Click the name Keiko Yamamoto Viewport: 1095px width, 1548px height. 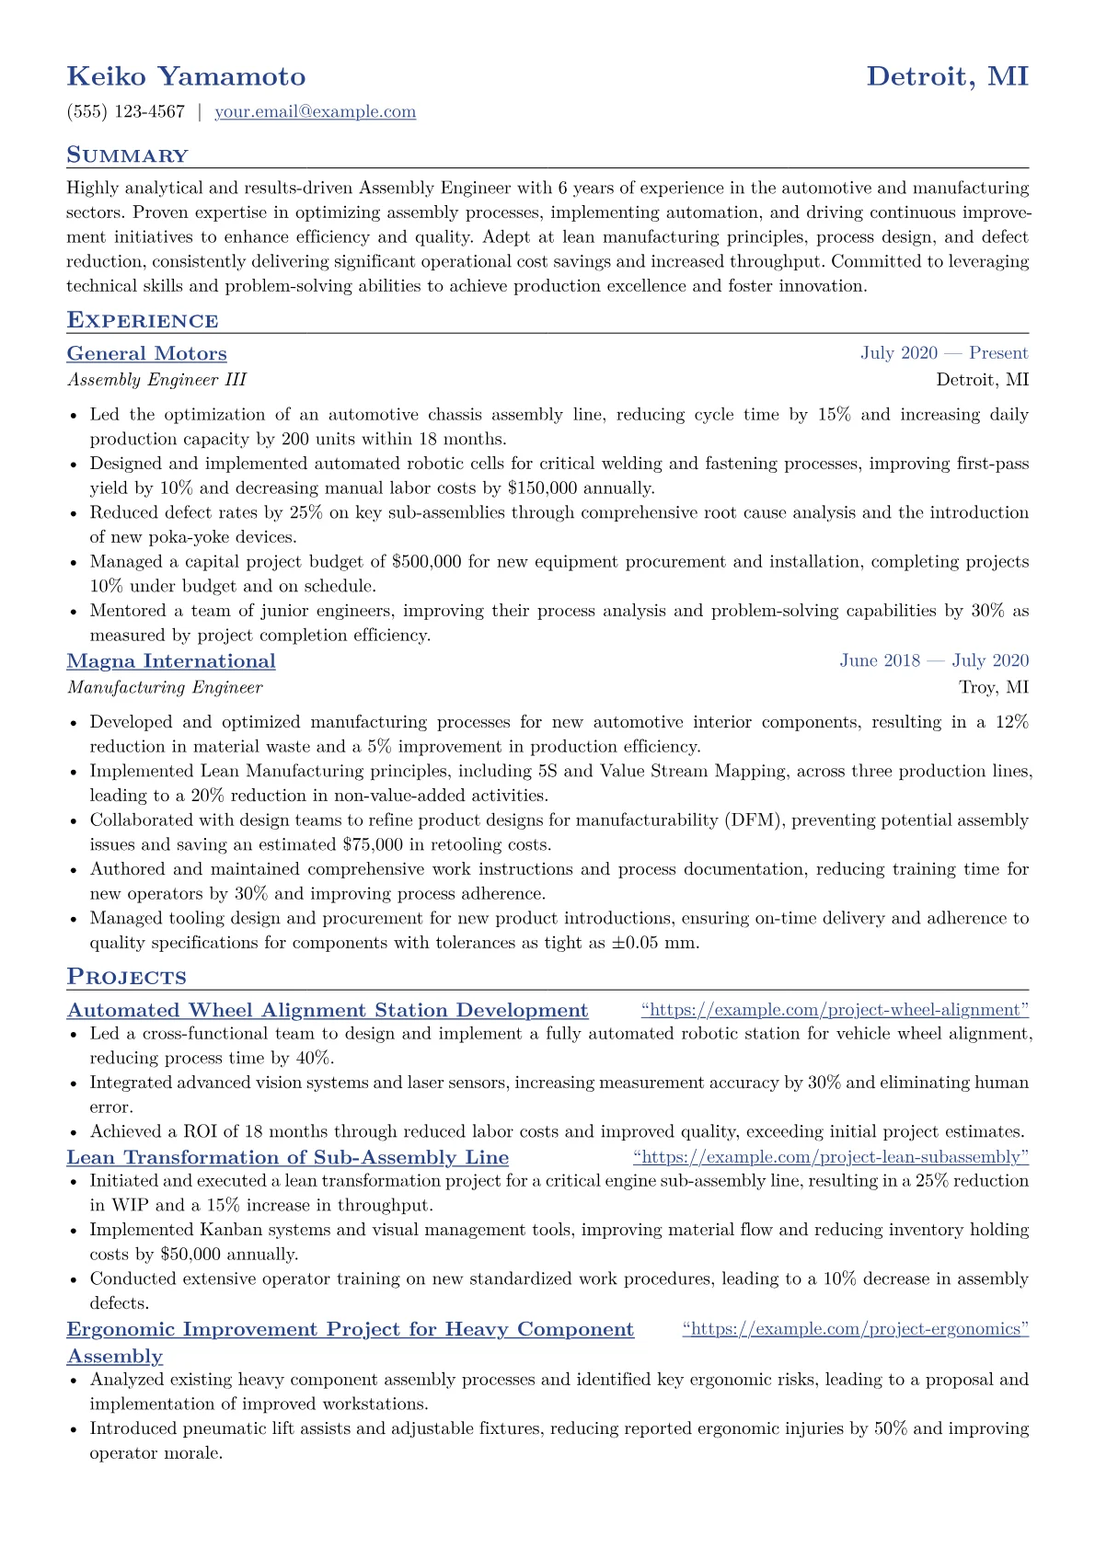point(186,76)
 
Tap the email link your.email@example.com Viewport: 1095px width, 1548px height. point(315,112)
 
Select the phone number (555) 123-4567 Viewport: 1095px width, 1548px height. point(126,112)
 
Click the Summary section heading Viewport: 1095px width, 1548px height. point(127,155)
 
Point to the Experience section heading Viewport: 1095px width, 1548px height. point(143,321)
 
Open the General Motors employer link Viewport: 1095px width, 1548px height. point(147,354)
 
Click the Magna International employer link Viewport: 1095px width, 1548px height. point(171,661)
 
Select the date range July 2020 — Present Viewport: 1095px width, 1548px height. point(944,353)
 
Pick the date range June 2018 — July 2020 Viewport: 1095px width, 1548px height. point(934,660)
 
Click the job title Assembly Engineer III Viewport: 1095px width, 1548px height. point(156,380)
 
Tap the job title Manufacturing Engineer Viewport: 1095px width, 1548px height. point(165,687)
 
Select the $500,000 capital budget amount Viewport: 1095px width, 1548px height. point(426,562)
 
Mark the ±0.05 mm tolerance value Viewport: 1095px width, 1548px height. point(654,943)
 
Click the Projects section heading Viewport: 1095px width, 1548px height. point(126,978)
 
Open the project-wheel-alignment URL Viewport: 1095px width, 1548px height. point(835,1010)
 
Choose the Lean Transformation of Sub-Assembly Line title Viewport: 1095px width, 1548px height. point(288,1157)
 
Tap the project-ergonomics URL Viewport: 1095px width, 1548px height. point(856,1329)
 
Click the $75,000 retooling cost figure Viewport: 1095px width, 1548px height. point(373,844)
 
